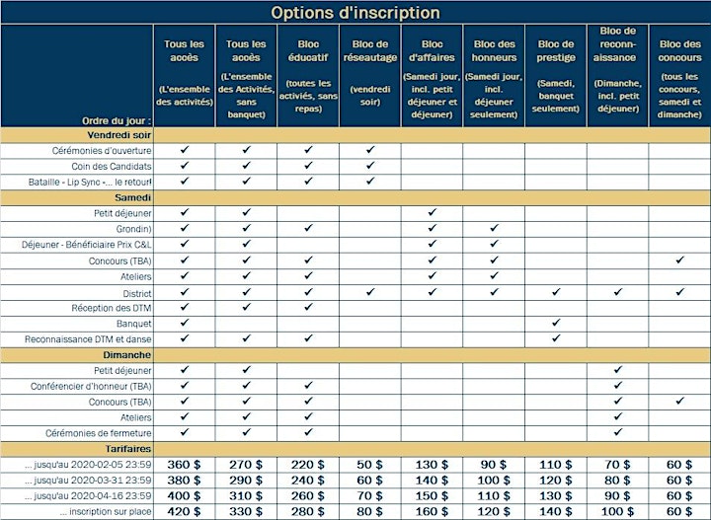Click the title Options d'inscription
[355, 12]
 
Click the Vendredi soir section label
[118, 135]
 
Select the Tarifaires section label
[128, 449]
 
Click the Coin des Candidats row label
[111, 166]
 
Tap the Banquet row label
[133, 324]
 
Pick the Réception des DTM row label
[111, 308]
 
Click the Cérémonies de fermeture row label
[99, 433]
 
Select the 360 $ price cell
[184, 465]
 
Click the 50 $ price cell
[370, 465]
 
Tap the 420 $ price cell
[184, 511]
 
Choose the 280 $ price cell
[308, 511]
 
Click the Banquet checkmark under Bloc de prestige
[556, 323]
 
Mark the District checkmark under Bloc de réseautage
[370, 292]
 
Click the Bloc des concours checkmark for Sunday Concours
[679, 401]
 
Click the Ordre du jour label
[117, 121]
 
